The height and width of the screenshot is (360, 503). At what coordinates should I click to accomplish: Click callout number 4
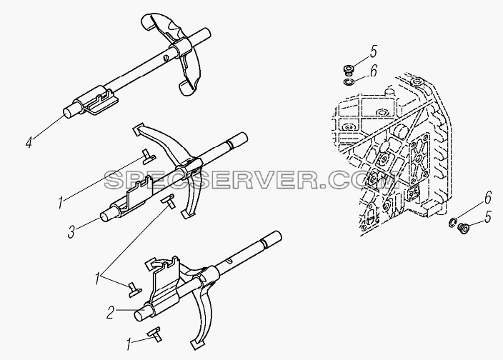click(x=29, y=141)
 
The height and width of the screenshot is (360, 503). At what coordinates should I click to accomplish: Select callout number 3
click(x=71, y=231)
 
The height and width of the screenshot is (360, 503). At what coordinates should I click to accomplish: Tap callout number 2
click(x=110, y=313)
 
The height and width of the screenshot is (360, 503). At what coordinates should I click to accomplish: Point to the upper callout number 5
click(x=373, y=51)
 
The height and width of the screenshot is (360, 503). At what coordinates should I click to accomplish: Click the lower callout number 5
click(x=487, y=217)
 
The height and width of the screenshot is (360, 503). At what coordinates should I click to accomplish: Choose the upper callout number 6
click(x=374, y=71)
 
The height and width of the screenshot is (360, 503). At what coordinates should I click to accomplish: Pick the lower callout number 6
click(x=487, y=197)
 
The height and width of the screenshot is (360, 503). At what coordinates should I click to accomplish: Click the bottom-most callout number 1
click(x=129, y=345)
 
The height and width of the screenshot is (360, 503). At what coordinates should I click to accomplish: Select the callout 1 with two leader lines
click(x=97, y=279)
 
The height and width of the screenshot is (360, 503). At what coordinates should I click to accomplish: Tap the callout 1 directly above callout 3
click(x=60, y=203)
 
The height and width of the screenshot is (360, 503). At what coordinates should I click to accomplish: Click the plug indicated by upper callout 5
click(x=347, y=69)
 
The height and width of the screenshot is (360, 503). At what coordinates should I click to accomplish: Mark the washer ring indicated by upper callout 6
click(x=348, y=82)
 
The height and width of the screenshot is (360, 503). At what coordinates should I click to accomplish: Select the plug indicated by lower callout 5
click(x=462, y=229)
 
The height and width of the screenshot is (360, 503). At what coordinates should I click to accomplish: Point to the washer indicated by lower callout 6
click(x=452, y=223)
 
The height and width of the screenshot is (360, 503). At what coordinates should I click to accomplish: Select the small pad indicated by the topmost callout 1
click(x=149, y=156)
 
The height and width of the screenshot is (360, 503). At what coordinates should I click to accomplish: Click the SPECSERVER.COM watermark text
click(x=252, y=180)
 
